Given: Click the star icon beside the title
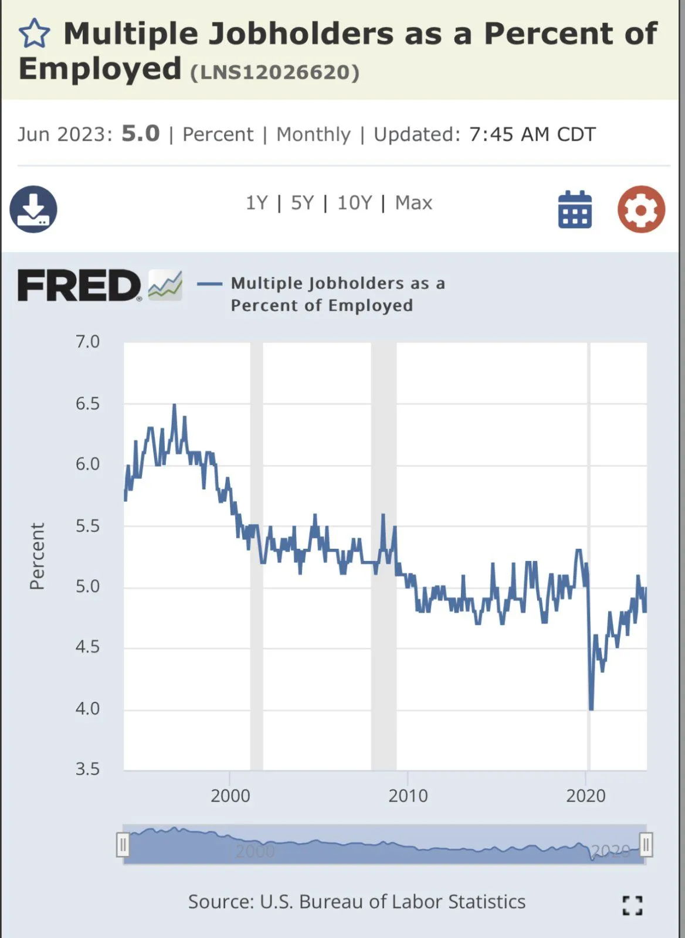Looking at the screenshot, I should (35, 33).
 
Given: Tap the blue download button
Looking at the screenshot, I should (33, 209).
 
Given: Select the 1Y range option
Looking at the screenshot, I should (256, 203).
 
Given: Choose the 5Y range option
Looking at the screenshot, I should (303, 203).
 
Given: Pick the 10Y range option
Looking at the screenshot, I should (354, 203).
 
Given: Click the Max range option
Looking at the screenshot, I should (413, 203).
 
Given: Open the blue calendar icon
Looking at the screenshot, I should (575, 209).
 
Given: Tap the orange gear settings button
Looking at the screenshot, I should (641, 209).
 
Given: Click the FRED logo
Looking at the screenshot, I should (80, 286).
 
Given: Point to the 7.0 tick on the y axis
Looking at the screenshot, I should (88, 342).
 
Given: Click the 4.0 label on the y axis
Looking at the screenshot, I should (88, 708).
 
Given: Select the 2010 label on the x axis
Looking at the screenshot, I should (408, 796).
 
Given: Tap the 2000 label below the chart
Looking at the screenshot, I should (230, 796).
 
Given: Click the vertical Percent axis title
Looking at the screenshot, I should (37, 556).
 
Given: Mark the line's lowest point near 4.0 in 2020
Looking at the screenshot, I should (591, 709).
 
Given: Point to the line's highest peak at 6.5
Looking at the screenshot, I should (174, 405).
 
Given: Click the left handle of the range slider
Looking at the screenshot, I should (123, 845).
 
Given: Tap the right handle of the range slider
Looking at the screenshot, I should (646, 845).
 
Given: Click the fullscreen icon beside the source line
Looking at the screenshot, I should (632, 905).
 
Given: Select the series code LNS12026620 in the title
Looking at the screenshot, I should (274, 72).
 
